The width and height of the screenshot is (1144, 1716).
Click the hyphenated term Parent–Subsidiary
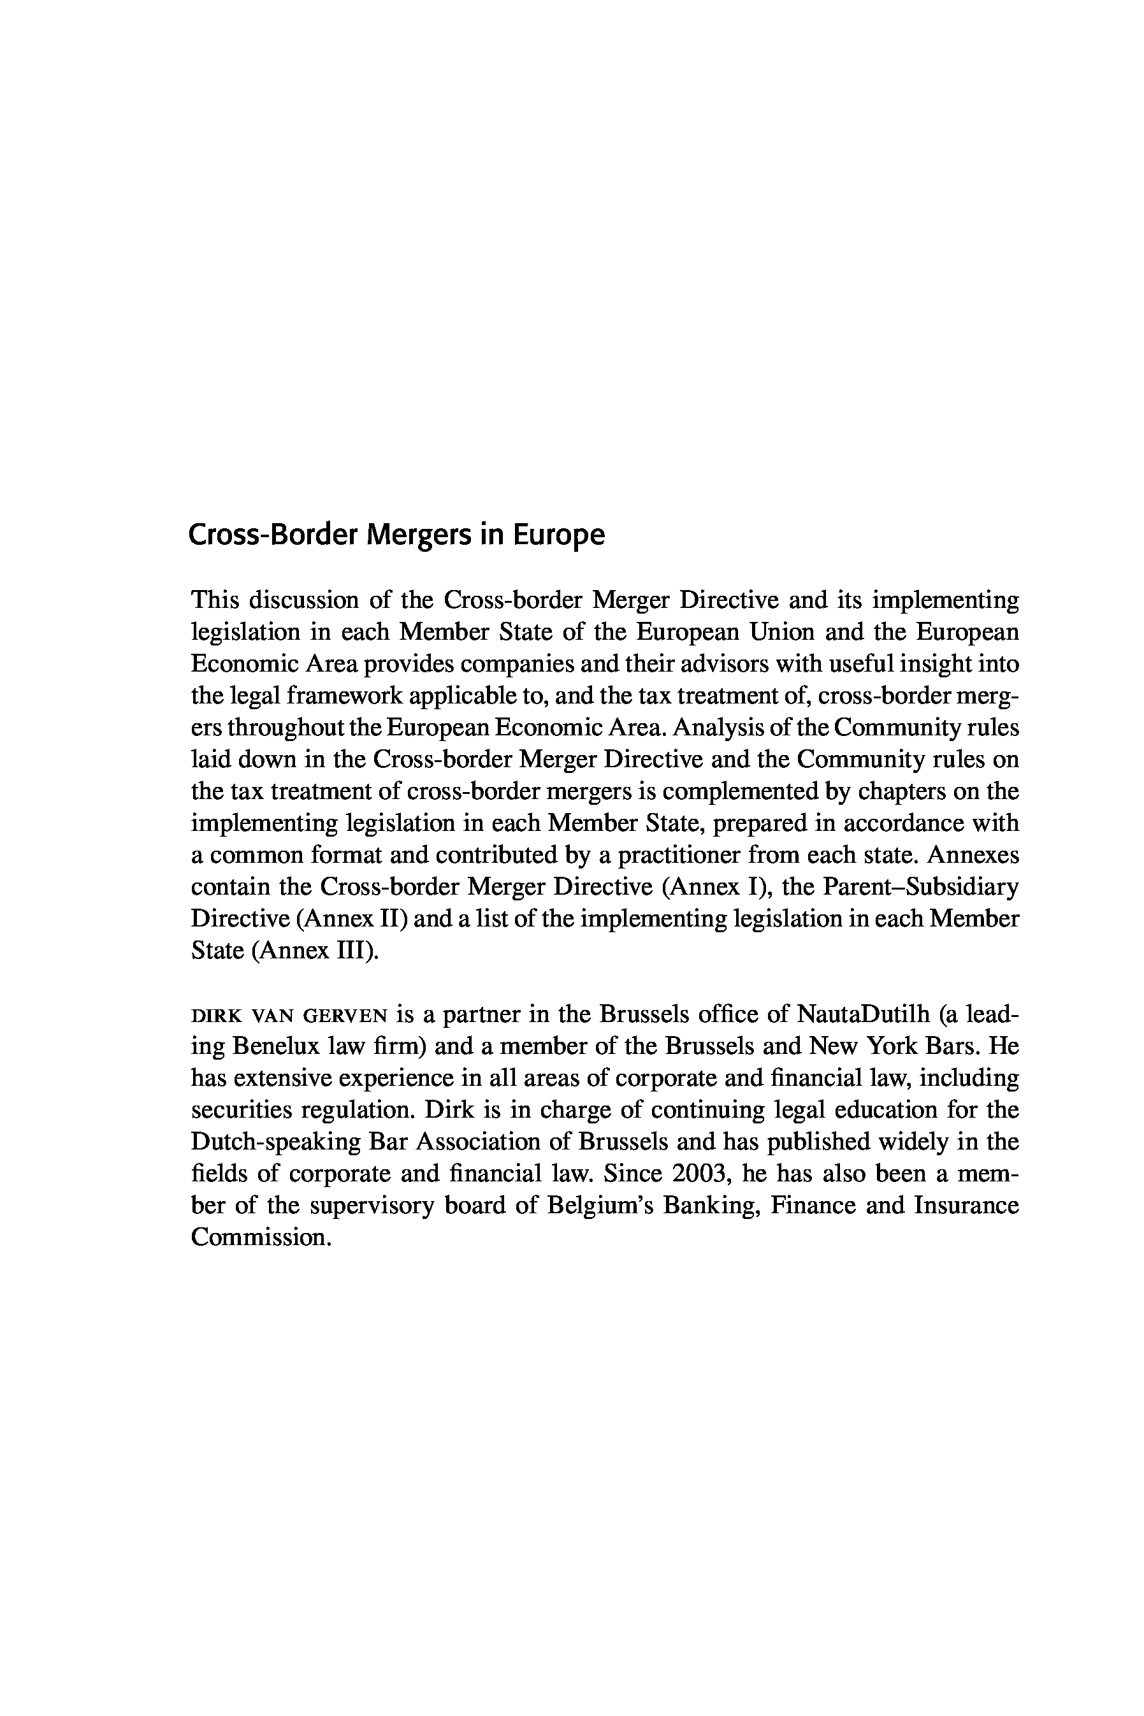click(921, 886)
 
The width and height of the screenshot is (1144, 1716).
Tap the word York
click(892, 1046)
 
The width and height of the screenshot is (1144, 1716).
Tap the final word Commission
click(261, 1237)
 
